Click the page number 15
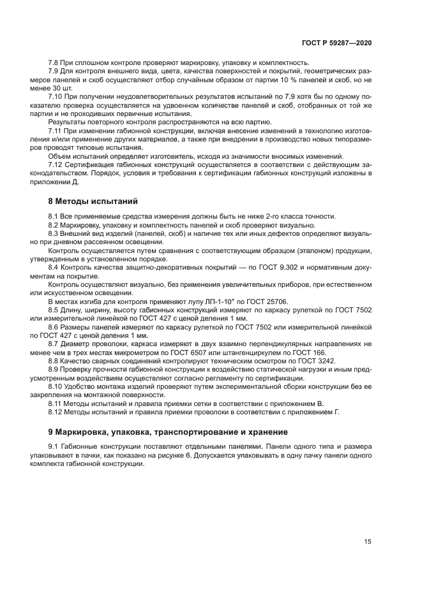click(x=368, y=542)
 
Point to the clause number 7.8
click(x=54, y=62)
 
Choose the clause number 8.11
click(x=56, y=403)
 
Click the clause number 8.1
click(x=54, y=217)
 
